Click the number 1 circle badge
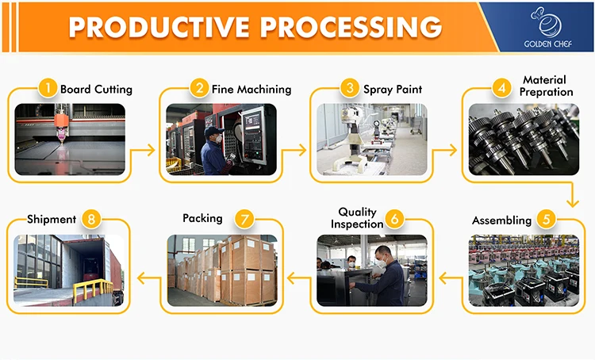[x=48, y=88]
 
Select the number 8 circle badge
[x=92, y=218]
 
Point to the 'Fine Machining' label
[x=251, y=89]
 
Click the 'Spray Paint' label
[x=393, y=89]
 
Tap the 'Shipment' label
[x=52, y=219]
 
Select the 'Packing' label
[x=202, y=218]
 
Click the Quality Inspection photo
[x=371, y=270]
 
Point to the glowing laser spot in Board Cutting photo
[x=60, y=136]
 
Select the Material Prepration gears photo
[x=523, y=139]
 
